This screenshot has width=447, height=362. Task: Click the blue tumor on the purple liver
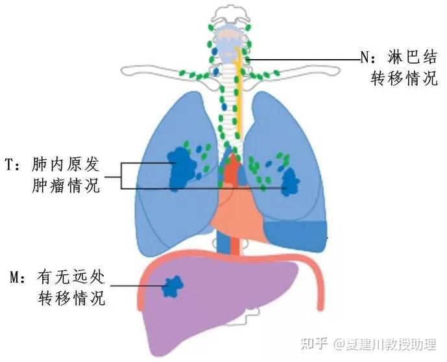(173, 287)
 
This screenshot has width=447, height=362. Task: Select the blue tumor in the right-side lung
(291, 182)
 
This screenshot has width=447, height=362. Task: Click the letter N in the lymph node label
(365, 57)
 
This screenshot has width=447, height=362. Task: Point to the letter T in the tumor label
(9, 164)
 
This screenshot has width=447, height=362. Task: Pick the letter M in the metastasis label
(14, 277)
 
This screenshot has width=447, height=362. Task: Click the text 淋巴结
(412, 57)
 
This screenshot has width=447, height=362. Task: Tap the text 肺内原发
(66, 164)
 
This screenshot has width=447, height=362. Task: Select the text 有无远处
(71, 277)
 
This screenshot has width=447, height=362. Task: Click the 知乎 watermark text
(314, 344)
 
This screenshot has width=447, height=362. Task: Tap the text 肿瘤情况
(66, 185)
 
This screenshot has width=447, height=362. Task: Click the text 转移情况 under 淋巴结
(404, 78)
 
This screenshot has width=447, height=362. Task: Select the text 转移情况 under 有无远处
(71, 298)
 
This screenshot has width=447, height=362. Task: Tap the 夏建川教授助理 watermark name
(391, 344)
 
